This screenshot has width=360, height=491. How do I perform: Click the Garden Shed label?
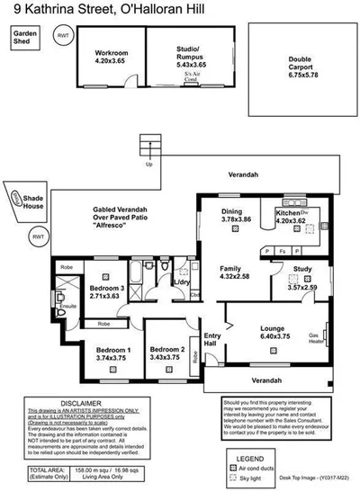pyautogui.click(x=23, y=37)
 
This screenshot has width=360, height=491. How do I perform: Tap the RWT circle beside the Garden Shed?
pyautogui.click(x=62, y=36)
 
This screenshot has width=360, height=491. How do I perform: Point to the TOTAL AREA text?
pyautogui.click(x=47, y=469)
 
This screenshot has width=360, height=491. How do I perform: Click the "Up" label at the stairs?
pyautogui.click(x=148, y=165)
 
